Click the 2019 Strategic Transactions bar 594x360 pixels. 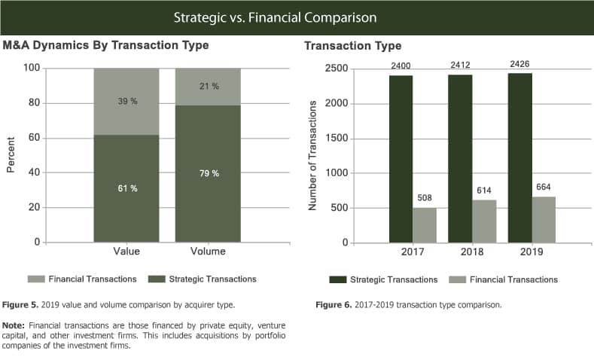click(x=519, y=158)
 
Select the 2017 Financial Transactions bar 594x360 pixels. click(x=425, y=225)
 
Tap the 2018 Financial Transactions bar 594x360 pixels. click(x=483, y=221)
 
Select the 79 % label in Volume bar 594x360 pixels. click(x=208, y=174)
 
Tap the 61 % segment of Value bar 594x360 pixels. click(x=126, y=188)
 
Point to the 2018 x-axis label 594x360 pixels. click(x=471, y=252)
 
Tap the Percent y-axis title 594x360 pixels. click(x=11, y=156)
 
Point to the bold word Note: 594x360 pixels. click(x=17, y=325)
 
